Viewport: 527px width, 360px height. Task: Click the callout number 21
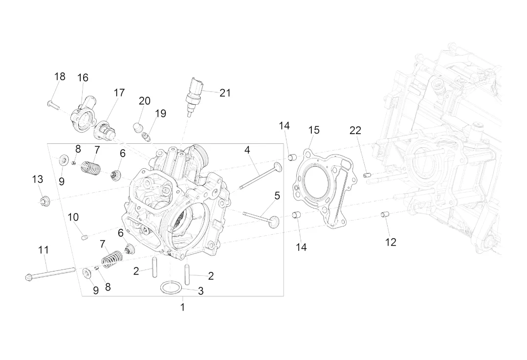click(x=225, y=93)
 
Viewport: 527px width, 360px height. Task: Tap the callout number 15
click(x=314, y=130)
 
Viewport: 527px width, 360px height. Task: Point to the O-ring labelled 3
click(x=172, y=288)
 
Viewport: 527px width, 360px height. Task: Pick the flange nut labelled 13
click(x=44, y=202)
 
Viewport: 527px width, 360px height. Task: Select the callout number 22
click(x=355, y=131)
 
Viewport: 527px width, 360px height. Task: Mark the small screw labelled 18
click(x=53, y=106)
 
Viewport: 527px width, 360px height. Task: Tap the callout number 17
click(x=119, y=93)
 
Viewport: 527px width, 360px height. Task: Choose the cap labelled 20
click(x=138, y=128)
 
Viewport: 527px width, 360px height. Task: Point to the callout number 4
click(x=247, y=150)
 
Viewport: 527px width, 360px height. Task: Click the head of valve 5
click(x=274, y=222)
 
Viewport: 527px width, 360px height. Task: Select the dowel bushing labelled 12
click(x=384, y=214)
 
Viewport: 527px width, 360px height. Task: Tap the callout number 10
click(x=73, y=217)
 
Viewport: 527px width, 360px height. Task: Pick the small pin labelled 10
click(x=85, y=238)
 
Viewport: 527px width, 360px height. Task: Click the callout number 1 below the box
click(x=182, y=307)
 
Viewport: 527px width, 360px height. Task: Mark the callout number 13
click(x=38, y=179)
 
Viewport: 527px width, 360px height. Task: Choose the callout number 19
click(x=161, y=113)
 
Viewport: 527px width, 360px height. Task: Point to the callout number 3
click(x=200, y=291)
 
